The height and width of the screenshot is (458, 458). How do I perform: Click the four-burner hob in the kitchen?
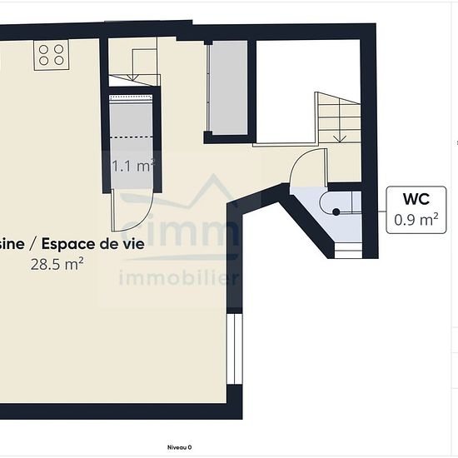pyautogui.click(x=51, y=55)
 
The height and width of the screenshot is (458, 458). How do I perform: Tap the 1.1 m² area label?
pyautogui.click(x=132, y=166)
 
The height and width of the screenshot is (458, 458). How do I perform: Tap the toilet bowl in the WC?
pyautogui.click(x=346, y=210)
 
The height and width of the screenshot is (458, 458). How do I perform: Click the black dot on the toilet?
pyautogui.click(x=336, y=212)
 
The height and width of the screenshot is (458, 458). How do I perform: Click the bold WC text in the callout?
pyautogui.click(x=416, y=201)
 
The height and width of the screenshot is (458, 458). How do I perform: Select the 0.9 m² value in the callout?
pyautogui.click(x=416, y=220)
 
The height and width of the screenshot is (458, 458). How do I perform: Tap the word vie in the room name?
pyautogui.click(x=133, y=244)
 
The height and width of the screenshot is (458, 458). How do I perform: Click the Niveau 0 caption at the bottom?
pyautogui.click(x=178, y=447)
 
